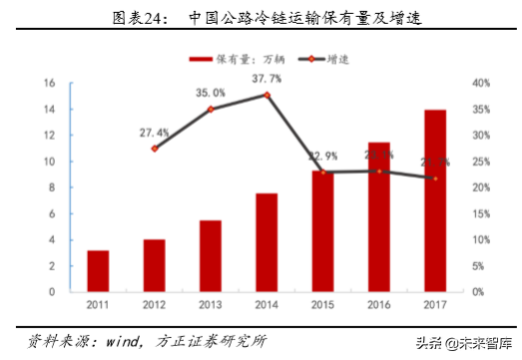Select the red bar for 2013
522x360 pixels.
[x=210, y=255]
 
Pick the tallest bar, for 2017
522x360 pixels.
[x=435, y=200]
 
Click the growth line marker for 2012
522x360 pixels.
[x=154, y=149]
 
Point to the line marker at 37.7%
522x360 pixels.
[x=266, y=95]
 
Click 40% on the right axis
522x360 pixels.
[x=479, y=83]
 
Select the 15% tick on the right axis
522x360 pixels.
[x=479, y=213]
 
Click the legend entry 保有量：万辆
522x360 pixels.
[x=242, y=59]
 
